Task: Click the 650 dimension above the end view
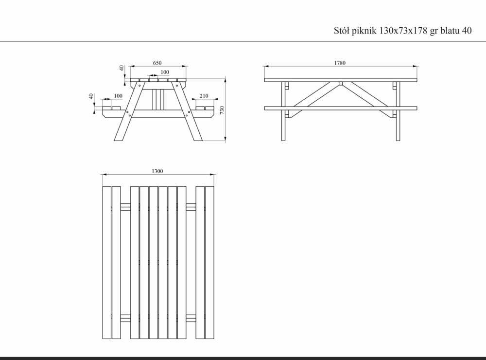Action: [x=157, y=63]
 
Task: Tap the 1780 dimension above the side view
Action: [x=340, y=63]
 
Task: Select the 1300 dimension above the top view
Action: [x=157, y=171]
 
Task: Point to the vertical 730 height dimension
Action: [x=222, y=110]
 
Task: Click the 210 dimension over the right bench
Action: [x=204, y=96]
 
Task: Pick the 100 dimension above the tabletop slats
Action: [x=165, y=72]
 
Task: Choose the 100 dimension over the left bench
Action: [x=118, y=96]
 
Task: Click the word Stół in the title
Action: [x=341, y=31]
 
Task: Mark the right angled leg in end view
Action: [x=187, y=111]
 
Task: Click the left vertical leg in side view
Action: [x=283, y=111]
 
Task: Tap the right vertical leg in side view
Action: [x=398, y=111]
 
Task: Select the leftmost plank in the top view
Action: [x=106, y=263]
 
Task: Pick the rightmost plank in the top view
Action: [x=209, y=263]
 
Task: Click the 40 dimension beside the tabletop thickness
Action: [x=122, y=68]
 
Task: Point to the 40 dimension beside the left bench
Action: [x=91, y=96]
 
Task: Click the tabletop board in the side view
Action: [x=341, y=80]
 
